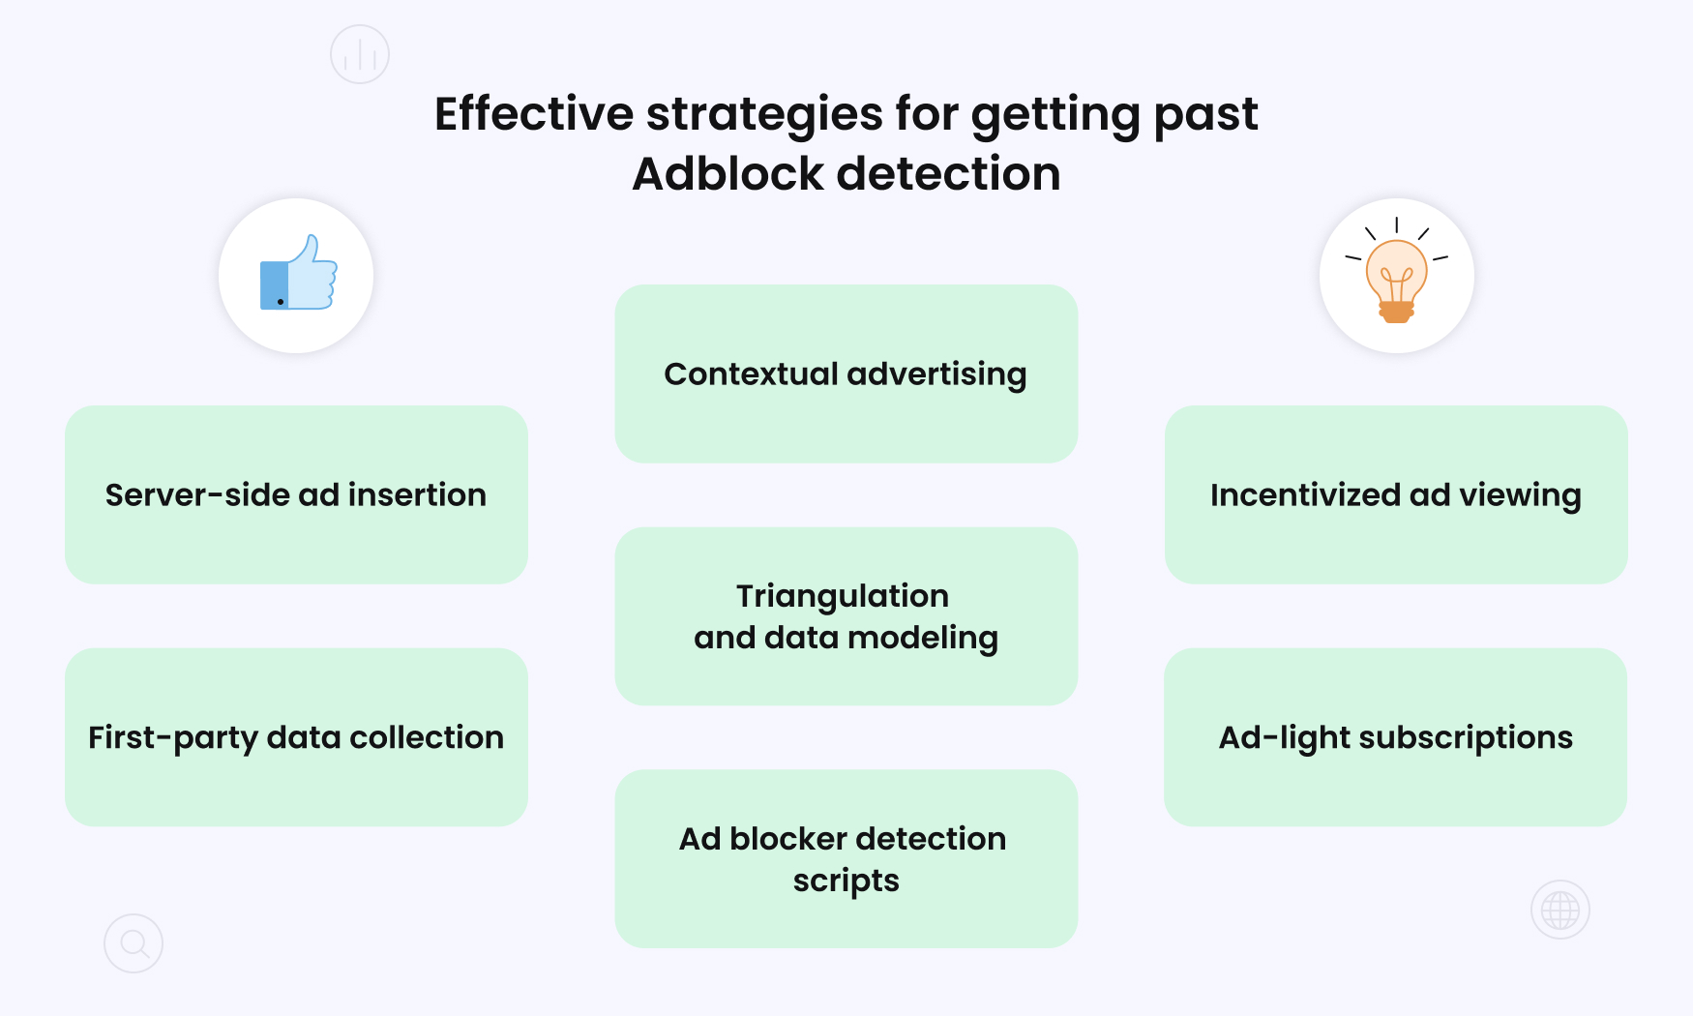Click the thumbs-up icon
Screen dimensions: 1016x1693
297,276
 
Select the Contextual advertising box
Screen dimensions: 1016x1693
846,374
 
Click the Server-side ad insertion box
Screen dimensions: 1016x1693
296,494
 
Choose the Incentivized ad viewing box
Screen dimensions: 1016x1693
1395,494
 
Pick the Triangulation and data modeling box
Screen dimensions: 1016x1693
846,616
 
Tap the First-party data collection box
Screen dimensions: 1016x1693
296,737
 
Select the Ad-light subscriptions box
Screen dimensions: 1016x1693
1395,737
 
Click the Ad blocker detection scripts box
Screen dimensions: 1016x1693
846,858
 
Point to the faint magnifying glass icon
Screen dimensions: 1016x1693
134,943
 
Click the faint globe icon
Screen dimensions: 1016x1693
1559,910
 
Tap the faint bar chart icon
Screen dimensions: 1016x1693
360,54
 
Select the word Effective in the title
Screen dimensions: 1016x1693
533,114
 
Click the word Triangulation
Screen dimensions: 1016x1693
842,596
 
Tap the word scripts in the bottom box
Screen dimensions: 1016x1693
846,882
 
